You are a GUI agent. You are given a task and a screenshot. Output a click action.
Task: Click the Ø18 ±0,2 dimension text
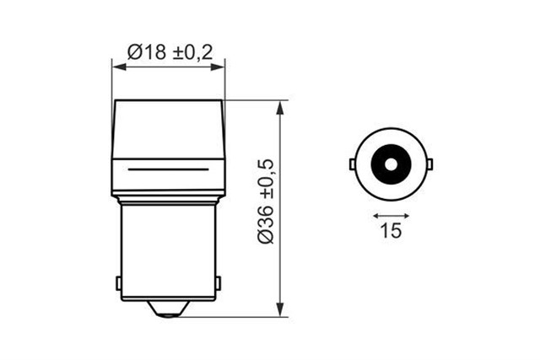[169, 52]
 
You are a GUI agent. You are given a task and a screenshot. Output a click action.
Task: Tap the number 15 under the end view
[391, 230]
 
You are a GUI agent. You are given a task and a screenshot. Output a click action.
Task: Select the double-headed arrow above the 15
[391, 214]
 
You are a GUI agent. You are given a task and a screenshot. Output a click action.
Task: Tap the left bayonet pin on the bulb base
[117, 282]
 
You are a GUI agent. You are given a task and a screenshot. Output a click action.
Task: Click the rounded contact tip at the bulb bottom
[169, 309]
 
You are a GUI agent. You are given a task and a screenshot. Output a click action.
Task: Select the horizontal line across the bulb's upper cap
[169, 169]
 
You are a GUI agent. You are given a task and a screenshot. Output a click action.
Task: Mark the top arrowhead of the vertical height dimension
[279, 105]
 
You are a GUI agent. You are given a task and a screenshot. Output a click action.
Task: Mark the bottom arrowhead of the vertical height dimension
[279, 312]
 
